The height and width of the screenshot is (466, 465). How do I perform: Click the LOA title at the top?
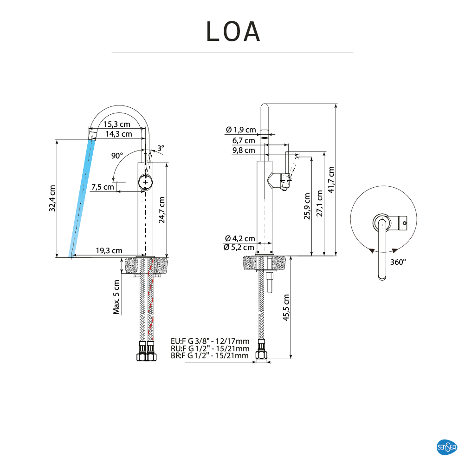[233, 32]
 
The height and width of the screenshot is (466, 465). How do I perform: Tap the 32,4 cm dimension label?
[52, 198]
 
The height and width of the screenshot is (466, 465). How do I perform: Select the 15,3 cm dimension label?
[116, 125]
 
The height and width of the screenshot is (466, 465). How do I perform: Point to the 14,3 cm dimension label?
[118, 134]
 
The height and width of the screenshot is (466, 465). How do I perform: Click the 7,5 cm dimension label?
[103, 187]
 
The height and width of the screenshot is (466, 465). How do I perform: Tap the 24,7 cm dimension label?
[161, 210]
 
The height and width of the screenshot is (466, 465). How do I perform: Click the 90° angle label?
[117, 156]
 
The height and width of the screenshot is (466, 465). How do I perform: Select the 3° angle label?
[161, 148]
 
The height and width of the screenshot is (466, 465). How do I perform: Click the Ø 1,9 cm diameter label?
[240, 130]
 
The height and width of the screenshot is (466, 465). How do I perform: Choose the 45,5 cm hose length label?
[286, 308]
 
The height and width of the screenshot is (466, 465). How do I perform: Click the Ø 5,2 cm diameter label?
[239, 247]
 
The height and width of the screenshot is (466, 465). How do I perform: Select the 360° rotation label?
[398, 262]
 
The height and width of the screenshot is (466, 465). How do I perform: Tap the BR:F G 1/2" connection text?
[210, 356]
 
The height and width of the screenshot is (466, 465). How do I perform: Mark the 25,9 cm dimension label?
[306, 206]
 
